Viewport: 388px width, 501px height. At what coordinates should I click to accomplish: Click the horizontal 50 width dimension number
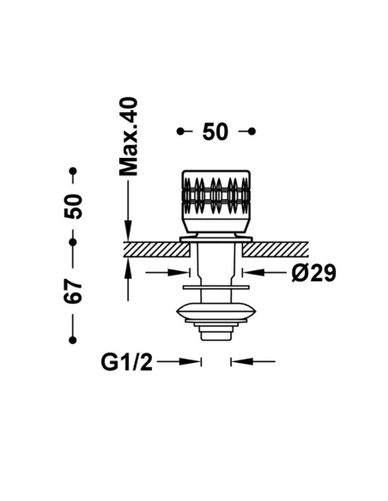215,131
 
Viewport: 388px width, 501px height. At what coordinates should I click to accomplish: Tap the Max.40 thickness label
128,136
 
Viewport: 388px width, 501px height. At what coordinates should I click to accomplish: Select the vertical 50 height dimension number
73,206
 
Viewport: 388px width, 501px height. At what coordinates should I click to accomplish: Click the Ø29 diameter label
314,273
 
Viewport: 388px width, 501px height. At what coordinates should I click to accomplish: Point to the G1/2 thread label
127,362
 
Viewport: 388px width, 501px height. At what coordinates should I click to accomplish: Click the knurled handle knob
216,201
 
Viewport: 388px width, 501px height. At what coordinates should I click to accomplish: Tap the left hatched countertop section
157,250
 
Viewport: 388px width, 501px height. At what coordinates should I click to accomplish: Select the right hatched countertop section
276,250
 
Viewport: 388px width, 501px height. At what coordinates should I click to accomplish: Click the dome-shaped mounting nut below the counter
216,311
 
